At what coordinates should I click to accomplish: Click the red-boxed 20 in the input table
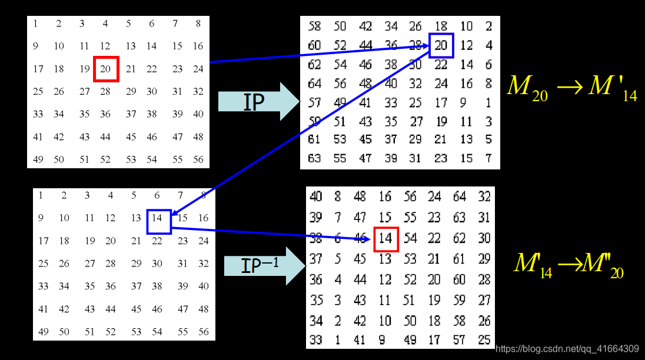pos(106,69)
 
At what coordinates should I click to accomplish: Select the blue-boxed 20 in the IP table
pos(441,45)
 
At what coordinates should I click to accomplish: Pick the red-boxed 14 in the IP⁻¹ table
pos(386,238)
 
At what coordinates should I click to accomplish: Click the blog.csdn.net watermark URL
pos(567,348)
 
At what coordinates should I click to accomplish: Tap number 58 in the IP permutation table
pos(315,26)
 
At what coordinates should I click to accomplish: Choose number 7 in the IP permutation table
pos(488,158)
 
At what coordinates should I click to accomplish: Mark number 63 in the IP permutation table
pos(315,158)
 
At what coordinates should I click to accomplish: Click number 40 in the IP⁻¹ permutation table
pos(316,196)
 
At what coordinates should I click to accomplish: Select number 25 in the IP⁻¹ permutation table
pos(484,339)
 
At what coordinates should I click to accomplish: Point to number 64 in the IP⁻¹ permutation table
pos(459,196)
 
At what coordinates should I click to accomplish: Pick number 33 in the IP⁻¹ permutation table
pos(316,339)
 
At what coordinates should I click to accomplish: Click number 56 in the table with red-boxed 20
pos(198,159)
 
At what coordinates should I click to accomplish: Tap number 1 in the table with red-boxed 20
pos(36,24)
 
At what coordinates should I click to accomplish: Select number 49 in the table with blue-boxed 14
pos(43,332)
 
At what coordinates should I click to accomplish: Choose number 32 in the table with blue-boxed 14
pos(203,264)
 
